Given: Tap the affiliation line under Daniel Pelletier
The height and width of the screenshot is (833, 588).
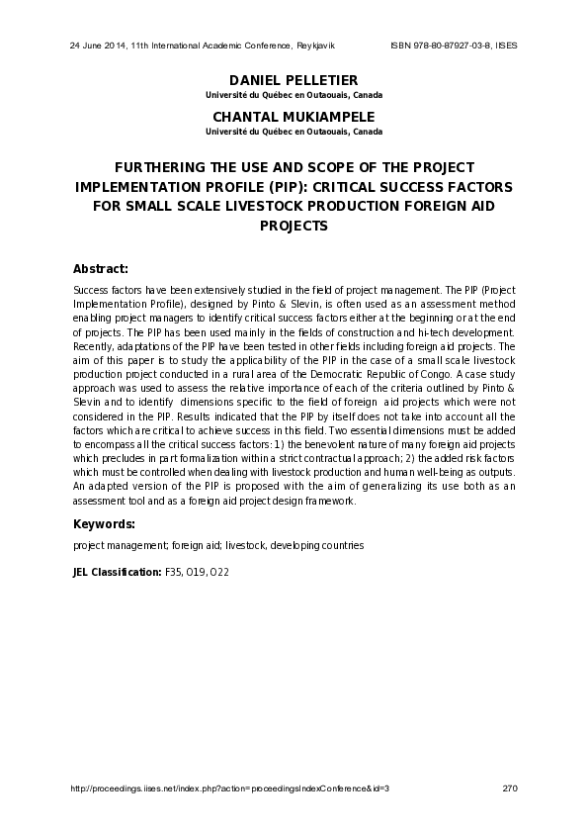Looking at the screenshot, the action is coord(293,95).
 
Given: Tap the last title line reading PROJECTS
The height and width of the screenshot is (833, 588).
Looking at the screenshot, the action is coord(293,225).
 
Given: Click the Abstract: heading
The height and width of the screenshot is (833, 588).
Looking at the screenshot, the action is coord(101,268).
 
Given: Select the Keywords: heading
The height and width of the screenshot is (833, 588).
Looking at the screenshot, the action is coord(104,522).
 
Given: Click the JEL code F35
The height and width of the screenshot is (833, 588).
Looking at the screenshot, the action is coord(173,572).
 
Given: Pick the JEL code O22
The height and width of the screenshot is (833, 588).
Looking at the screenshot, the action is coord(219,572).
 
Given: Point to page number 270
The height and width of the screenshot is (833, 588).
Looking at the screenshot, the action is coord(510,788).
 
